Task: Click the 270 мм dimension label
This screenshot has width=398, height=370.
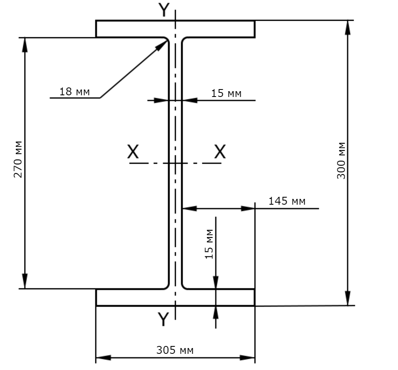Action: (18, 159)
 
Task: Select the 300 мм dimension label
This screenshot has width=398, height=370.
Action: (341, 161)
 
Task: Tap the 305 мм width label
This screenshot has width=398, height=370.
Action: (175, 350)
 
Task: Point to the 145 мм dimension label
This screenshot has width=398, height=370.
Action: (287, 201)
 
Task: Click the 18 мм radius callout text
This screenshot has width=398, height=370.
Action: (74, 92)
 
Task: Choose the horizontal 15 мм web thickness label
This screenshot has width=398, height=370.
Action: (226, 93)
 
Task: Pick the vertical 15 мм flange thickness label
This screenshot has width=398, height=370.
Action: (209, 244)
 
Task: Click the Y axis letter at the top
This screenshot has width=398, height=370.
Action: (164, 10)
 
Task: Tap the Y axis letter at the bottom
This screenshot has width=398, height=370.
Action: (163, 319)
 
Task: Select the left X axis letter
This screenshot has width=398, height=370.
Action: (133, 152)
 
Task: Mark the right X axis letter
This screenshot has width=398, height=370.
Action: (220, 152)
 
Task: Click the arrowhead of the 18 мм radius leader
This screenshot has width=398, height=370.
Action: (161, 46)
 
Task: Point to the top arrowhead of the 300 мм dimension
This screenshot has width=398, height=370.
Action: (348, 27)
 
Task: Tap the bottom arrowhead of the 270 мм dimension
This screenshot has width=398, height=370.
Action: (25, 281)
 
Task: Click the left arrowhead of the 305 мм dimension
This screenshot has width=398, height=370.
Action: (103, 358)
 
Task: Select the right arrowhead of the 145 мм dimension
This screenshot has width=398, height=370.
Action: (248, 208)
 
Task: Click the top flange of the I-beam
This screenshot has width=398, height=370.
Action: (175, 29)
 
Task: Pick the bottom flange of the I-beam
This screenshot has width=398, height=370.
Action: (175, 297)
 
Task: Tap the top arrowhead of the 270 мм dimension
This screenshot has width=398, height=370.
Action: (25, 45)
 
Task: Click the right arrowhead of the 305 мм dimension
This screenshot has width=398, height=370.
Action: (248, 358)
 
